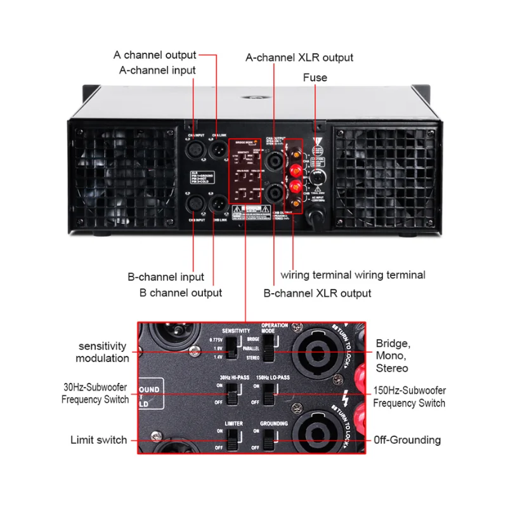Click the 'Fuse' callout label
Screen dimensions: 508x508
(x=315, y=77)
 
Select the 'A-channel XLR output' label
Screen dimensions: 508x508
(x=299, y=58)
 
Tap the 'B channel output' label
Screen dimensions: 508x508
(x=181, y=293)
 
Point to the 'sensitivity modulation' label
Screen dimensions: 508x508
(x=103, y=353)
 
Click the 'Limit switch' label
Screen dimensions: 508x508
(x=98, y=440)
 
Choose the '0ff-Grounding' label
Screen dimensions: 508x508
(x=407, y=440)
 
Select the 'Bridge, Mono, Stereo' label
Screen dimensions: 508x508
(x=393, y=356)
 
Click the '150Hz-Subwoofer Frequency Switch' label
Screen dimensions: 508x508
(x=409, y=396)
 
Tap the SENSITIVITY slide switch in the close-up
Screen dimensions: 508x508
(x=233, y=348)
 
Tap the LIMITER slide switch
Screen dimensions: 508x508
(x=233, y=438)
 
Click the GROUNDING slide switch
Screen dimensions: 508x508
(x=269, y=438)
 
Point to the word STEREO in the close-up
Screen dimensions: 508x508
(x=252, y=358)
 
